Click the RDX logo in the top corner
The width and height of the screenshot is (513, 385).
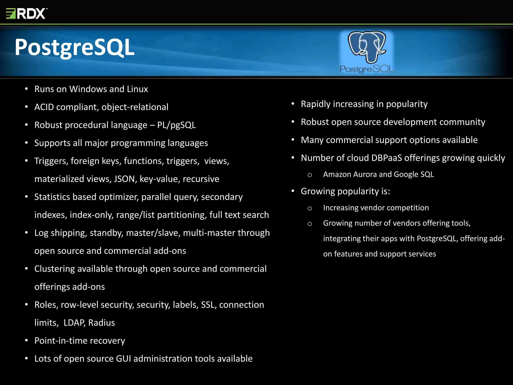click(x=26, y=14)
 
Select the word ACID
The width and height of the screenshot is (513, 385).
click(x=44, y=107)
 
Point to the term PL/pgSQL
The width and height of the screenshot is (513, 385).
click(x=176, y=125)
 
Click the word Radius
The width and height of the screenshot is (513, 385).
click(x=101, y=323)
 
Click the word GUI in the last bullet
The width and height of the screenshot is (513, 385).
click(x=123, y=359)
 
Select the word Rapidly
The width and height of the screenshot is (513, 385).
click(x=316, y=104)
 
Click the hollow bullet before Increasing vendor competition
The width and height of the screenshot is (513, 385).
click(x=310, y=208)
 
